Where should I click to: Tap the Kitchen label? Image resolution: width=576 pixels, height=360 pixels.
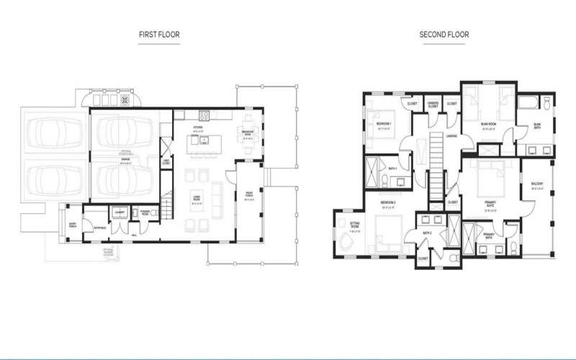[197, 127]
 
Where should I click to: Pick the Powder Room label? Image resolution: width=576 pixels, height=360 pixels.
[144, 212]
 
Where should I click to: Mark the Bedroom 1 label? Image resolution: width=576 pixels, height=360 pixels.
[384, 124]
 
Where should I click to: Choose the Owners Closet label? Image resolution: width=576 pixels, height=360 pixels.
[432, 104]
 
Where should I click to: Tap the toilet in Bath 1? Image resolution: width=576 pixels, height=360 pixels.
[402, 180]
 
